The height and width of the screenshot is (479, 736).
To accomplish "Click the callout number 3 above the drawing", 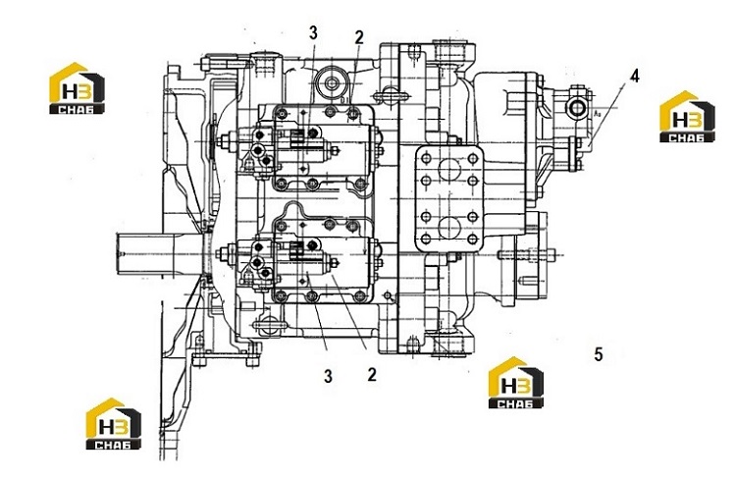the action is [313, 32].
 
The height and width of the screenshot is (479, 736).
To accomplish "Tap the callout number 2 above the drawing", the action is [359, 37].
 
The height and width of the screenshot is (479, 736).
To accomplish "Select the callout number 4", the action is [634, 77].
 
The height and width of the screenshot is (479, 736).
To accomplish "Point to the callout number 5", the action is [598, 354].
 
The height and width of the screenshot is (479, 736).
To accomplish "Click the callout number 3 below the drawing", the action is [328, 376].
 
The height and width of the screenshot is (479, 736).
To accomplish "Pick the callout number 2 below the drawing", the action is [372, 374].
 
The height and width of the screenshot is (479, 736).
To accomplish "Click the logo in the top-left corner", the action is [78, 88].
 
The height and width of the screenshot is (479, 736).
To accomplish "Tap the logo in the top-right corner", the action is [688, 117].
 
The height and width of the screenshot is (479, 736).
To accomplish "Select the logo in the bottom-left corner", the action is [114, 424].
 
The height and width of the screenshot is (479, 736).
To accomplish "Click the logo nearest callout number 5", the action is [516, 382].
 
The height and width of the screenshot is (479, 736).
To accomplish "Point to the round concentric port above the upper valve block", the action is [332, 83].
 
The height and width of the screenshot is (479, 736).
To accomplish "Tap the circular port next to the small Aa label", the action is [576, 109].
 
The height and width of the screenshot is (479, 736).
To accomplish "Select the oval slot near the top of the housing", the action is [390, 94].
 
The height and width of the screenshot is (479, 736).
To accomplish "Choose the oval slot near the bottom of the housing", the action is [268, 324].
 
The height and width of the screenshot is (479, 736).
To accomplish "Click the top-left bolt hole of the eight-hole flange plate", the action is [426, 158].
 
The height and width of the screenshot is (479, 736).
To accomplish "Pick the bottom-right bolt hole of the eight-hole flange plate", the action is [473, 239].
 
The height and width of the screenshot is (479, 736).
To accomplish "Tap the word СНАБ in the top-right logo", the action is [688, 137].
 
